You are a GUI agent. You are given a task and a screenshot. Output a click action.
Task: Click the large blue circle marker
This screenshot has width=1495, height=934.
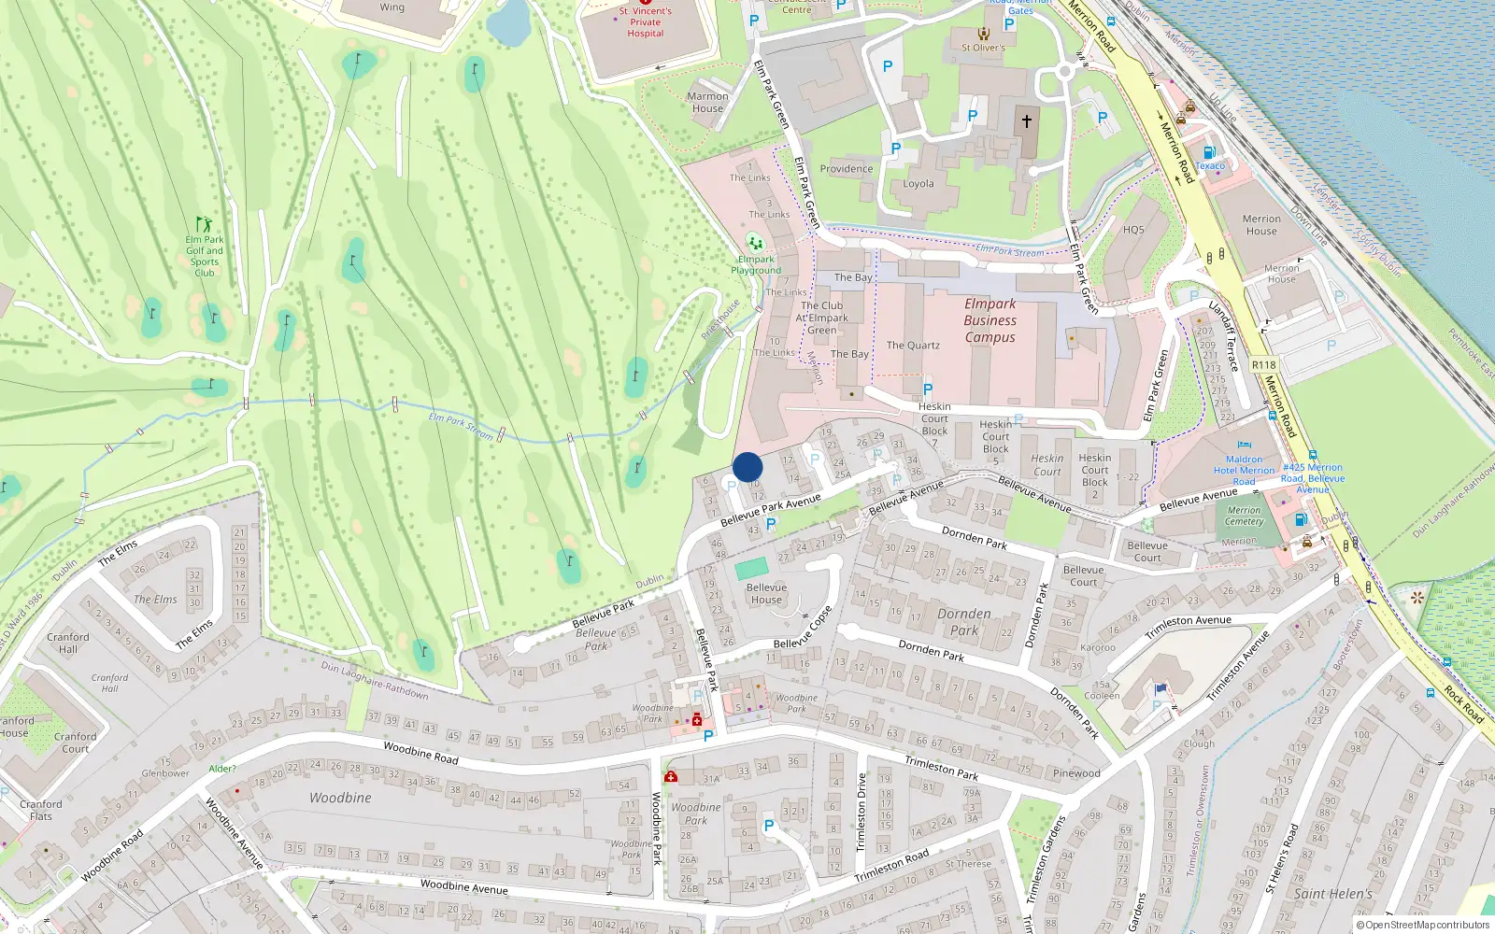[747, 467]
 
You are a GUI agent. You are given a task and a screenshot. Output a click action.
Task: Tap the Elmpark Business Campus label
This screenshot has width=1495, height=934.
[990, 320]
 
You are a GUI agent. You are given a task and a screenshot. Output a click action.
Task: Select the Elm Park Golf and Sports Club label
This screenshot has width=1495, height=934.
[204, 255]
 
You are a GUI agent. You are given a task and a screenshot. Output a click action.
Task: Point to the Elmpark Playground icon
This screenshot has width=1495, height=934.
[755, 243]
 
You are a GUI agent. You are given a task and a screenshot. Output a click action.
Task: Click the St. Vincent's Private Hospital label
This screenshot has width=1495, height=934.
[645, 22]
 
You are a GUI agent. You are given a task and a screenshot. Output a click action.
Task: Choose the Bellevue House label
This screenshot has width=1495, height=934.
[766, 593]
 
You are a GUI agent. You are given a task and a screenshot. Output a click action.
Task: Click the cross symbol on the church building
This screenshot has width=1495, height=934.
[1026, 121]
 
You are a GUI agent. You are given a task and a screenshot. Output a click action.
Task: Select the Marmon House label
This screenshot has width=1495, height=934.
[707, 102]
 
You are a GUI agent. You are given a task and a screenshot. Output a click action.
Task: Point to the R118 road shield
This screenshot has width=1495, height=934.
[1263, 365]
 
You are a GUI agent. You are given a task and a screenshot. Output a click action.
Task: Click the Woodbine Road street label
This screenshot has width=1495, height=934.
[420, 753]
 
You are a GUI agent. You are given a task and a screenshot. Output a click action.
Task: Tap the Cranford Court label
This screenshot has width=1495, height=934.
[75, 742]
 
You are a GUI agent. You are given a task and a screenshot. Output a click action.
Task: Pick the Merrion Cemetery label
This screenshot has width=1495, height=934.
[1244, 516]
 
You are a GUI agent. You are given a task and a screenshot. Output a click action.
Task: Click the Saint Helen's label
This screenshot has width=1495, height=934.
[1332, 894]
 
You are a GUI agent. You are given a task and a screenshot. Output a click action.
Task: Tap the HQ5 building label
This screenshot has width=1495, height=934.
[1133, 230]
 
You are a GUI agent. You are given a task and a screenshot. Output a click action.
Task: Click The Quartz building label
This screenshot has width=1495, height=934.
[913, 346]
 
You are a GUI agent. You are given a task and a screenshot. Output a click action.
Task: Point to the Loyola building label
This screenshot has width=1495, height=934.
[918, 184]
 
